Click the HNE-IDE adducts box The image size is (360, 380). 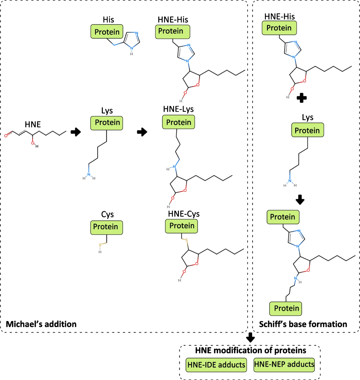216,365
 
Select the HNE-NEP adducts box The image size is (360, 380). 284,364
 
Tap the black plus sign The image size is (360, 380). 301,98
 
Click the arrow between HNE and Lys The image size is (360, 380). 76,132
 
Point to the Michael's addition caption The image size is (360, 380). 41,324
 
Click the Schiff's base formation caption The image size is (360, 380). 303,324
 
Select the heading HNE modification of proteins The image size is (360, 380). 250,350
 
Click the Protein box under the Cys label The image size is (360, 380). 106,227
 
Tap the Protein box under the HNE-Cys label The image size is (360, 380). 181,226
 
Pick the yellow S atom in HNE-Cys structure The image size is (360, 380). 186,240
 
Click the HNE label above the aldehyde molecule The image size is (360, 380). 33,124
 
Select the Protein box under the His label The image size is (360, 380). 107,32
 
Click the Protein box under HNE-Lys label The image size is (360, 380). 178,122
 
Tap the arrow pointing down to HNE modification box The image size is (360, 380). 250,337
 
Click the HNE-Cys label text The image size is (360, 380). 184,214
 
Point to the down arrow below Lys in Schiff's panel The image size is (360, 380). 300,200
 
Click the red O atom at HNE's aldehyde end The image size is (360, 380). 6,136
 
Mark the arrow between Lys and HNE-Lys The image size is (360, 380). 142,132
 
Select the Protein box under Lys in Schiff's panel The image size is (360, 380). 307,130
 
